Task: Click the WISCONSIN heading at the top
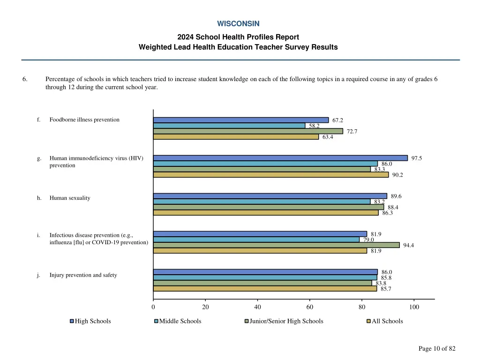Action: click(x=238, y=23)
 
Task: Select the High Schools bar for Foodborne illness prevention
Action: click(x=240, y=120)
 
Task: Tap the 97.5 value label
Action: click(x=416, y=158)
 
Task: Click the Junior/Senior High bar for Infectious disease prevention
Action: click(x=276, y=245)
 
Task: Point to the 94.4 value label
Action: click(x=408, y=245)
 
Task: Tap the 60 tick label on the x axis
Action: click(x=310, y=307)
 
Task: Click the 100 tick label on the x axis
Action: click(x=414, y=307)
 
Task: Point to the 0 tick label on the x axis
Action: click(x=153, y=307)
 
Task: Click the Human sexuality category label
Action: click(x=70, y=198)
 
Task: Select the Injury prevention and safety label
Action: click(x=83, y=275)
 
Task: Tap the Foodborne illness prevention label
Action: click(x=84, y=120)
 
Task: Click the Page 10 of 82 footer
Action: click(x=436, y=348)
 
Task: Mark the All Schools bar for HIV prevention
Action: click(x=270, y=175)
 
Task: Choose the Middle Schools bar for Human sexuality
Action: click(x=262, y=202)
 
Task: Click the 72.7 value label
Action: click(x=352, y=132)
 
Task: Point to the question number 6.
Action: click(x=24, y=79)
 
